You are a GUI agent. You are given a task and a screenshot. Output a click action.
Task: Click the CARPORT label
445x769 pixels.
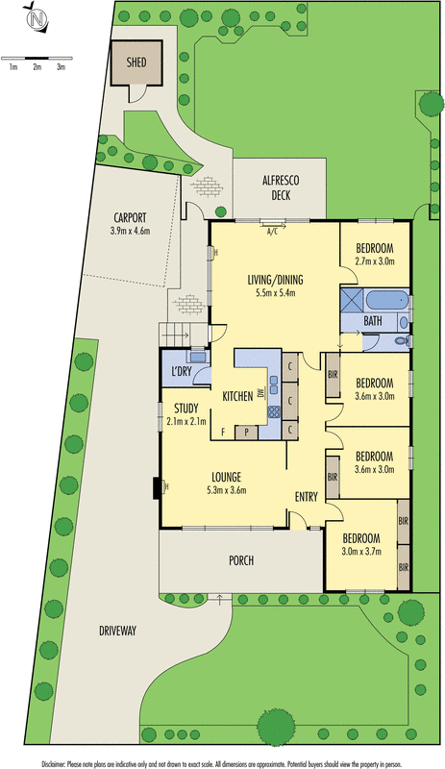130,217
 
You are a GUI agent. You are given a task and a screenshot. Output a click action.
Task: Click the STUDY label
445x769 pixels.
185,408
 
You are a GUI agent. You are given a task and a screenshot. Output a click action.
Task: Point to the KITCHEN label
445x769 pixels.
237,396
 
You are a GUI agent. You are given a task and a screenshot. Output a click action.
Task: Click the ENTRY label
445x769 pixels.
306,496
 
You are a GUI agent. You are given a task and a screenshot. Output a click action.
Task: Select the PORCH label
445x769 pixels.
240,560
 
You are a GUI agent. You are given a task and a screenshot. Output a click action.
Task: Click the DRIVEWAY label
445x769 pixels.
118,631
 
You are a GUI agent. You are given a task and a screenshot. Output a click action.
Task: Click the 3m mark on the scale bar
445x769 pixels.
61,66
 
